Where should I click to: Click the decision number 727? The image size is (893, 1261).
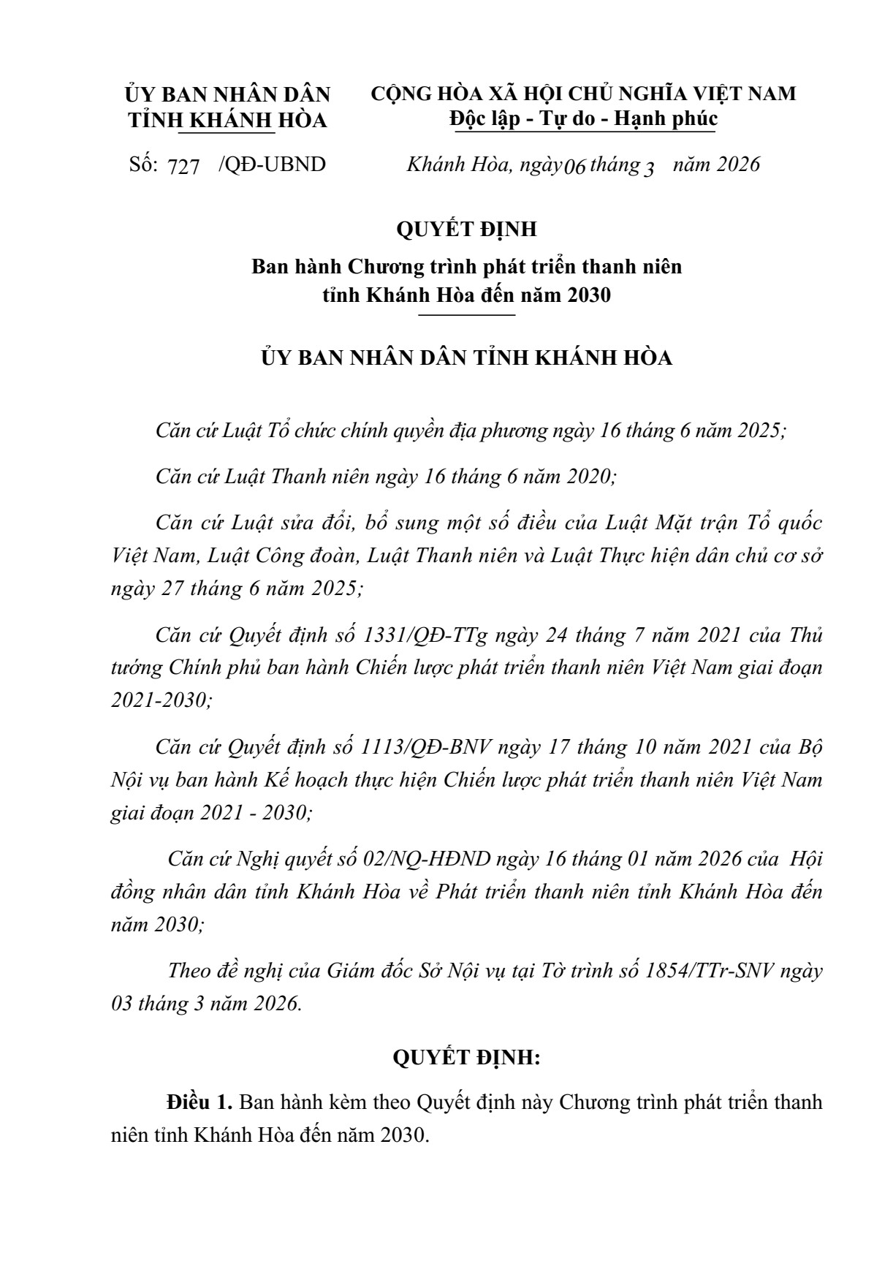(183, 167)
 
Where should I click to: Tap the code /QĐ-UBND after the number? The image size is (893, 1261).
(272, 164)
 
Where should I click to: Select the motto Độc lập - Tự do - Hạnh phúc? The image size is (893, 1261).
(583, 118)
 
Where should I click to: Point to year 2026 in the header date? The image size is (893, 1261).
(738, 164)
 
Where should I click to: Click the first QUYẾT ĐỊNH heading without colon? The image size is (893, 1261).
(466, 230)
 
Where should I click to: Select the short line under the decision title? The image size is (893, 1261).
(466, 315)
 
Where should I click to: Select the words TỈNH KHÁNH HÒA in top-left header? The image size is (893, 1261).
(227, 121)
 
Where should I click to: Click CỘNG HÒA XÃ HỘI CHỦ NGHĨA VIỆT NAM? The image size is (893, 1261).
(583, 94)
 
